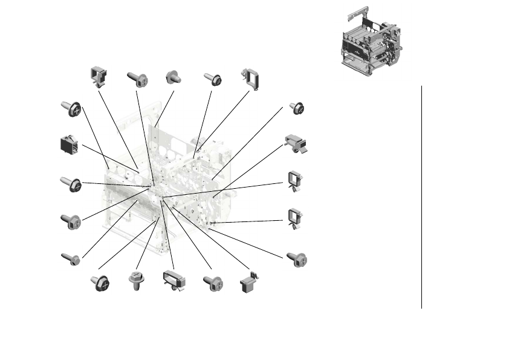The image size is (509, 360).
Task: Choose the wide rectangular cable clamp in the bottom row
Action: pyautogui.click(x=172, y=281)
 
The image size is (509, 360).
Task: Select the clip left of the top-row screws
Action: pyautogui.click(x=97, y=76)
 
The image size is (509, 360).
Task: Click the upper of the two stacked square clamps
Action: pyautogui.click(x=294, y=181)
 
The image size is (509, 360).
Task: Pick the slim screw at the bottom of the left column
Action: pyautogui.click(x=70, y=259)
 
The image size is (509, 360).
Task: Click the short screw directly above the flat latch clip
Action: pyautogui.click(x=297, y=108)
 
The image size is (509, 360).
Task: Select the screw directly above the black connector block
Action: pyautogui.click(x=71, y=109)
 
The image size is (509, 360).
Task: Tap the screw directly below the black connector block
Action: pyautogui.click(x=71, y=184)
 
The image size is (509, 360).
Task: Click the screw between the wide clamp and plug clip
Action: pyautogui.click(x=213, y=282)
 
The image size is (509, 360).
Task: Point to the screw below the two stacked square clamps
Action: pyautogui.click(x=297, y=259)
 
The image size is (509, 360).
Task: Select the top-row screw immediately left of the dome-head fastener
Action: pyautogui.click(x=137, y=79)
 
